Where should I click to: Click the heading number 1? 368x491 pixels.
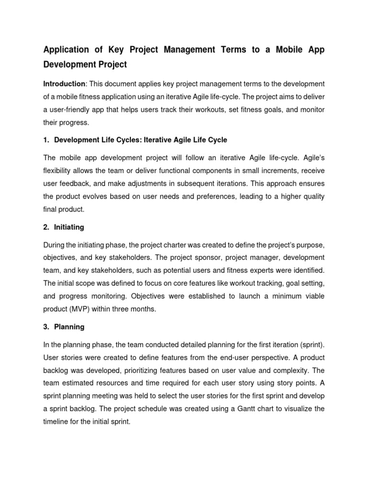(46, 140)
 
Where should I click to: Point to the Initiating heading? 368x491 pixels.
(69, 227)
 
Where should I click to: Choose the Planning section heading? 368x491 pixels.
(69, 327)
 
